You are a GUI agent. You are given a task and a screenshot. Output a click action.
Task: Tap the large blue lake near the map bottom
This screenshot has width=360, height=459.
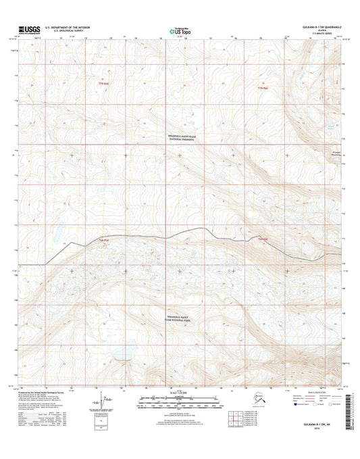121,353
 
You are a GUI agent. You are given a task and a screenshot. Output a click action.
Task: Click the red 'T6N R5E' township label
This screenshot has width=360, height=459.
104,240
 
